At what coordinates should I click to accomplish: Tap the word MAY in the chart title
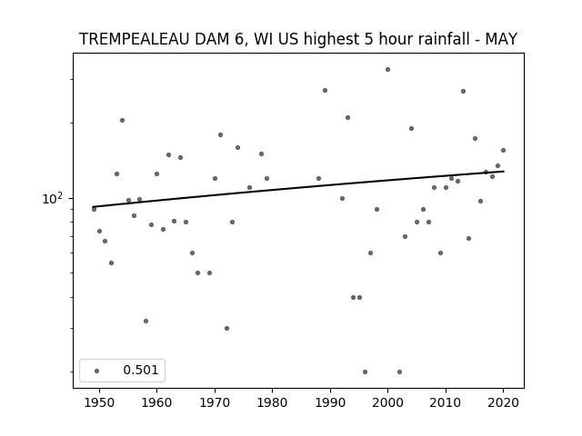pyautogui.click(x=501, y=39)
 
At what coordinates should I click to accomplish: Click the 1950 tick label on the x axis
pyautogui.click(x=99, y=402)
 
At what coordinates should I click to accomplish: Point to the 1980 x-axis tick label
pyautogui.click(x=272, y=402)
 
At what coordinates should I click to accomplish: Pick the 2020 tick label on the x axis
pyautogui.click(x=503, y=402)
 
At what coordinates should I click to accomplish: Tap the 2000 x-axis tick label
pyautogui.click(x=388, y=402)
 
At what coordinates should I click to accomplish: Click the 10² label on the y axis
pyautogui.click(x=53, y=199)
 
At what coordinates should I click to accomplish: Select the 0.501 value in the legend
pyautogui.click(x=141, y=370)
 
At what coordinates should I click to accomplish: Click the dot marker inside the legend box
pyautogui.click(x=97, y=371)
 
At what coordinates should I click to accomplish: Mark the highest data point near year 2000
pyautogui.click(x=388, y=69)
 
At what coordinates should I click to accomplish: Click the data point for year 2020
pyautogui.click(x=503, y=150)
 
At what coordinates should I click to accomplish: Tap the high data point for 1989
pyautogui.click(x=326, y=91)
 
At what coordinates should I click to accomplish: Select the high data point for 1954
pyautogui.click(x=122, y=120)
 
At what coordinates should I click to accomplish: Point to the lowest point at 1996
pyautogui.click(x=366, y=372)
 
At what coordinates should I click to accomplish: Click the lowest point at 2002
pyautogui.click(x=400, y=372)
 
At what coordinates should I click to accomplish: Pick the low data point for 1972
pyautogui.click(x=226, y=328)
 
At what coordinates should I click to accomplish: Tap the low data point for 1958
pyautogui.click(x=145, y=321)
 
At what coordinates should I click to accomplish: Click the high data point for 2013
pyautogui.click(x=463, y=91)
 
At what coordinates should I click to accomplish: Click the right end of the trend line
pyautogui.click(x=504, y=172)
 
